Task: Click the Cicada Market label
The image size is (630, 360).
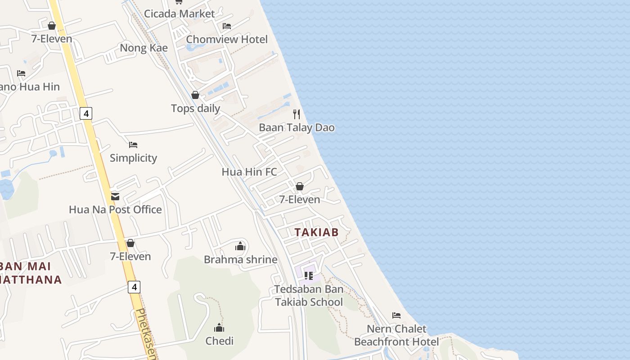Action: coord(179,13)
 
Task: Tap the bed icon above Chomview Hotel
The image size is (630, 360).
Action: coord(227,26)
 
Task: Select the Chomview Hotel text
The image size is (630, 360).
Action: coord(227,39)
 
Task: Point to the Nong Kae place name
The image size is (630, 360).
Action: coord(144,48)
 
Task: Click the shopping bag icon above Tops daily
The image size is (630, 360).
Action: coord(195,95)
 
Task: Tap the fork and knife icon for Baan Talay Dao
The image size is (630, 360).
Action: coord(297,114)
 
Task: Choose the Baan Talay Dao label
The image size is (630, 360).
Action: coord(297,128)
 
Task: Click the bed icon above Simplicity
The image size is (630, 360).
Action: coord(133,145)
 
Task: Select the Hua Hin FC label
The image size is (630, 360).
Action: coord(249,172)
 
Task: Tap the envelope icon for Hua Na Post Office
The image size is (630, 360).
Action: coord(115,196)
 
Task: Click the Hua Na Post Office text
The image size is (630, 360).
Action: coord(115,210)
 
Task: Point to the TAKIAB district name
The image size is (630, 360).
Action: coord(316,232)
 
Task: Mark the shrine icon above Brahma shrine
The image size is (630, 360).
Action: coord(240,246)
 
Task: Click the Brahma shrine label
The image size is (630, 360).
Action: coord(240,260)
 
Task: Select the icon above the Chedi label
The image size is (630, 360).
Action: coord(219,328)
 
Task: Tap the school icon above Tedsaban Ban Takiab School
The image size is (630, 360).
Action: coord(309,275)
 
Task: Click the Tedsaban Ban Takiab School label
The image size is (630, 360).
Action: coord(309,295)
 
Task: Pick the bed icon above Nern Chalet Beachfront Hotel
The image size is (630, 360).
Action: coord(396,315)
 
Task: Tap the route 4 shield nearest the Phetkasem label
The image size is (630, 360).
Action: coord(134,287)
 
